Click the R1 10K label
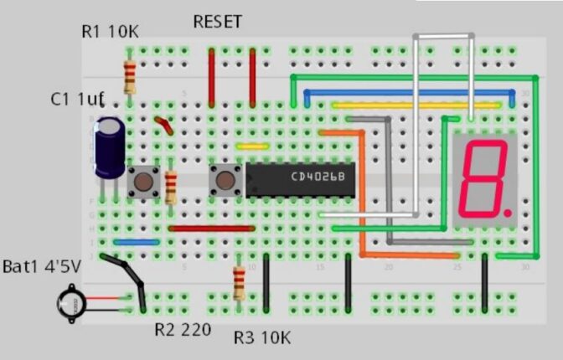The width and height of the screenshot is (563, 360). (x=110, y=32)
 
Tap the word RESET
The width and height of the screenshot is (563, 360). (x=217, y=22)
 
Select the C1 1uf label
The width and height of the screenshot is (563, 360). (x=76, y=100)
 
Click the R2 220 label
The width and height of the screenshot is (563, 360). (x=183, y=328)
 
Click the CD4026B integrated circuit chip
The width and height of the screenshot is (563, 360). (x=301, y=178)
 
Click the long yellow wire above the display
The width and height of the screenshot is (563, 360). (x=416, y=105)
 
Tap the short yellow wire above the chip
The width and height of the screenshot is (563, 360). (x=251, y=146)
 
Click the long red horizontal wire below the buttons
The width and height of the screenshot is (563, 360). (x=211, y=228)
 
